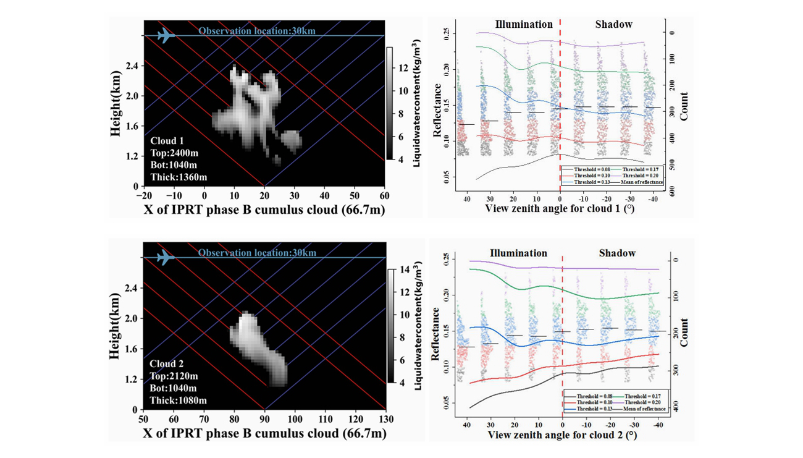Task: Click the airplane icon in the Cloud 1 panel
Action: tap(166, 36)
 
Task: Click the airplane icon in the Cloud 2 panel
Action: tap(166, 257)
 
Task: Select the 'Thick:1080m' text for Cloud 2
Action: tap(178, 400)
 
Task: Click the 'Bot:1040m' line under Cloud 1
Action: tap(174, 165)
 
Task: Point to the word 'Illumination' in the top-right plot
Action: tap(524, 25)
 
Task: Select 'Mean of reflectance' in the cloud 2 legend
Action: tap(645, 409)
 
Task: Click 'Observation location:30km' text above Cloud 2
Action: tap(257, 253)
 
